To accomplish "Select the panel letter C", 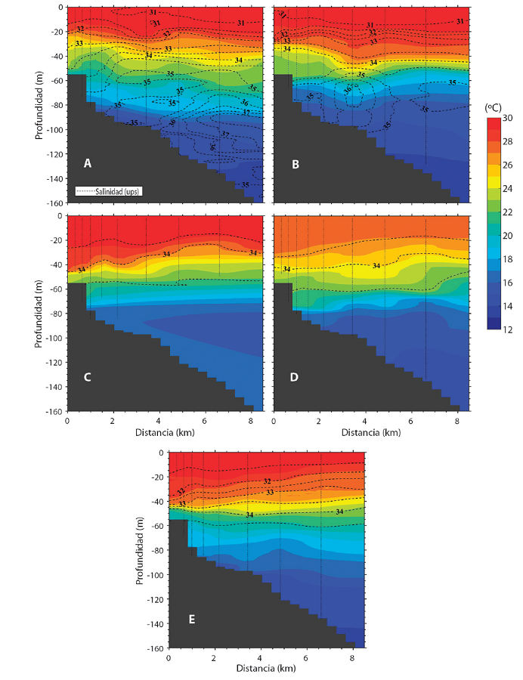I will pyautogui.click(x=88, y=377).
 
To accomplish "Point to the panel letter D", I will pyautogui.click(x=293, y=377).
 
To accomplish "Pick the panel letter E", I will pyautogui.click(x=192, y=619).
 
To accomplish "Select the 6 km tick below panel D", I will pyautogui.click(x=410, y=421).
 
